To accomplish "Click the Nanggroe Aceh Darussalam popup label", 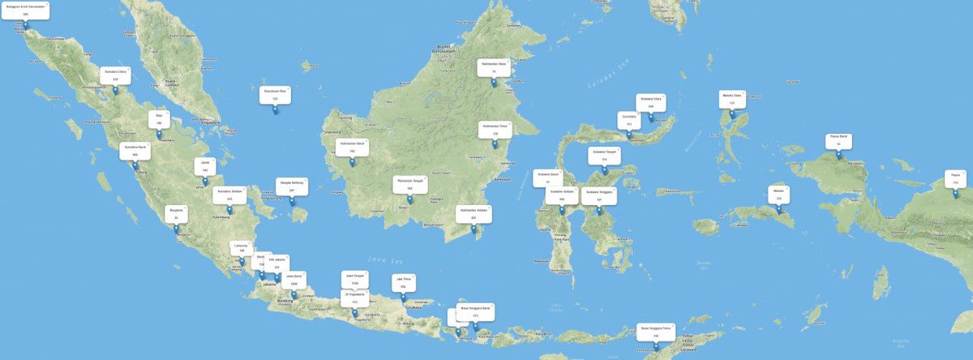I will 25,10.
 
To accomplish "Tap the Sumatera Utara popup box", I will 115,75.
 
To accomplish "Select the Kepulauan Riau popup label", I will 275,94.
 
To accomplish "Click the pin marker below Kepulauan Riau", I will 275,111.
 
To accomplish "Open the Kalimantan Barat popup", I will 352,147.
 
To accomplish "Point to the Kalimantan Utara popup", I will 493,67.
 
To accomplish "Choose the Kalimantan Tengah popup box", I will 409,184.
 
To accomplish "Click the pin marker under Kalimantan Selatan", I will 474,230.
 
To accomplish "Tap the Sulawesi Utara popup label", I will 650,102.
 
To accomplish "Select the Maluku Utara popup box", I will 732,99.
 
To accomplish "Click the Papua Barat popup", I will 838,139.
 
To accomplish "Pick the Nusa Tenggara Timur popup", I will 655,331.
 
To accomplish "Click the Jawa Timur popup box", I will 403,282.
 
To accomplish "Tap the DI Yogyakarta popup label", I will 354,297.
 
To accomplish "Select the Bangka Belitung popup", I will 292,186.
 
